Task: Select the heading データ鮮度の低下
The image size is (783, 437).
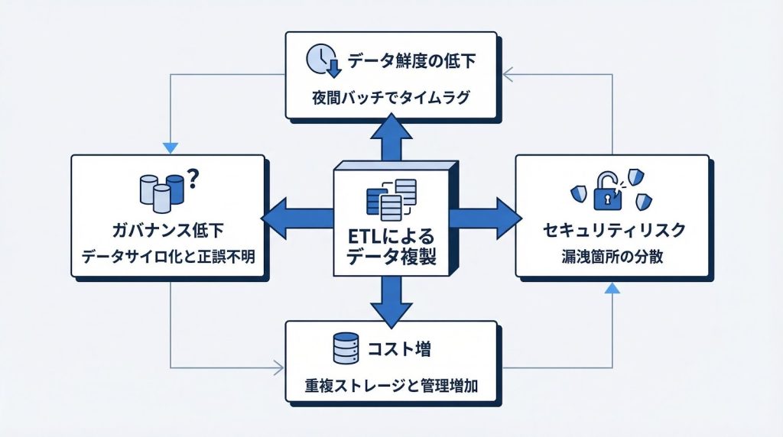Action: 412,61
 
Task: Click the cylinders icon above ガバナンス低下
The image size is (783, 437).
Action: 163,192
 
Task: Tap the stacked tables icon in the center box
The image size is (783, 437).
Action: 391,198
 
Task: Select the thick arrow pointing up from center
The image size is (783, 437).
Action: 391,138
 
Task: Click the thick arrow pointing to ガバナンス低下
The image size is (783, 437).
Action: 294,218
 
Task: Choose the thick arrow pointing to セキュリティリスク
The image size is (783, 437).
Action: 484,218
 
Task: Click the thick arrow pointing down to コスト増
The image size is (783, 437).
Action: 391,300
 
